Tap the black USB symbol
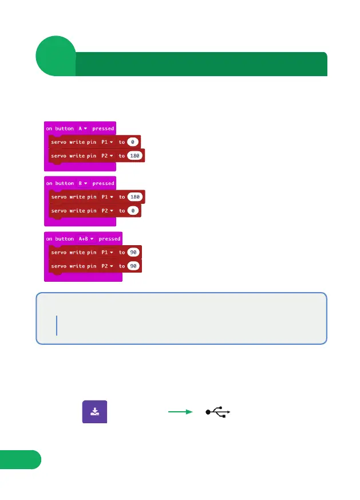218,412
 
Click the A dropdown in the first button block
83,128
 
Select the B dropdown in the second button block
83,183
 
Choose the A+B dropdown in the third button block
86,238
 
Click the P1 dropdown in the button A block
107,141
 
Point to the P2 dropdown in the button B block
107,211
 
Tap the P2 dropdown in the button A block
107,156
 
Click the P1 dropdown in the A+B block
107,252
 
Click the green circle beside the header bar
56,56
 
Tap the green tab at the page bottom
20,459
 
